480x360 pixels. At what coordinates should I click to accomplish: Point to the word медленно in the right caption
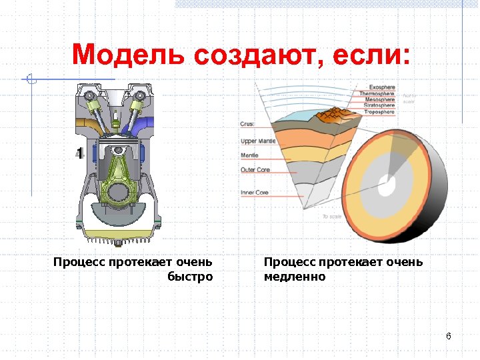(x=295, y=277)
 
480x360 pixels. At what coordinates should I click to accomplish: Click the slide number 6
(x=449, y=335)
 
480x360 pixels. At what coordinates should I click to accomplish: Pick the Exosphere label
(x=382, y=87)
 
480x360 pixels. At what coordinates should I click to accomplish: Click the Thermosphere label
(x=378, y=94)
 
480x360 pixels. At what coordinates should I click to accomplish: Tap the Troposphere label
(x=380, y=112)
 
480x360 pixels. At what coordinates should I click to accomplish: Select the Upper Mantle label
(x=257, y=141)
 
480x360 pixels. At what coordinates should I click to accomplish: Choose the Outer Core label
(x=255, y=170)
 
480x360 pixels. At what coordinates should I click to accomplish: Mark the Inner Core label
(x=255, y=193)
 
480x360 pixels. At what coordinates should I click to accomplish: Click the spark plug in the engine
(x=115, y=120)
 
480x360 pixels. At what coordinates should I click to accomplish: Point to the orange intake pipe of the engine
(x=86, y=125)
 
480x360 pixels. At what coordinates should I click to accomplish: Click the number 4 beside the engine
(x=79, y=154)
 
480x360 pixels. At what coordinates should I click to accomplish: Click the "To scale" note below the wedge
(x=331, y=217)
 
